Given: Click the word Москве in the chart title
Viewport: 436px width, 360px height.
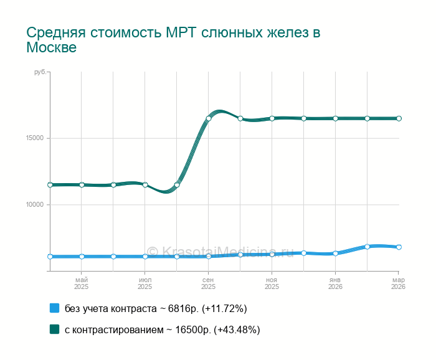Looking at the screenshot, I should tap(51, 48).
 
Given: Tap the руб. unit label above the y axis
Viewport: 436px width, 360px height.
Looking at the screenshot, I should tap(40, 73).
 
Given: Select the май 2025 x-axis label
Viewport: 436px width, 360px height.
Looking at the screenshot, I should tap(81, 283).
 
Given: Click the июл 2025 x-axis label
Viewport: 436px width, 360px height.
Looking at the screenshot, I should tap(145, 283).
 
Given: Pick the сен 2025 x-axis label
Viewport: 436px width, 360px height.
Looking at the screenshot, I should tap(208, 283).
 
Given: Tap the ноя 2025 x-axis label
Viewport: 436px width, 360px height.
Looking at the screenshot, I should tap(272, 283).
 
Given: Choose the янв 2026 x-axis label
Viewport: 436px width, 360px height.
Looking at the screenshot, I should tap(335, 283).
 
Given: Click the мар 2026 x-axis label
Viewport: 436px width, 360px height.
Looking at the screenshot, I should tap(398, 283).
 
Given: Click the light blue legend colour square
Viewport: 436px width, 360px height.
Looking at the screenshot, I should tap(54, 308).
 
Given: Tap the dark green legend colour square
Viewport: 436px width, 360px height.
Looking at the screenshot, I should tap(54, 329).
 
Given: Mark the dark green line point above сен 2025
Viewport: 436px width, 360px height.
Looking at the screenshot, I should tap(209, 118).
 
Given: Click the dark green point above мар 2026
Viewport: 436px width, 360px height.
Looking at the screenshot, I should tap(399, 118).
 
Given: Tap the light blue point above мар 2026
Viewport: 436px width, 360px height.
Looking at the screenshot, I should tap(399, 247).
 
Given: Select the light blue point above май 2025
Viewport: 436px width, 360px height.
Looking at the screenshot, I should tap(82, 257).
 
